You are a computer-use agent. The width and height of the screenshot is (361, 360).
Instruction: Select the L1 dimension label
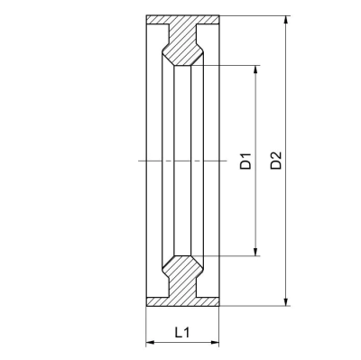pos(182,332)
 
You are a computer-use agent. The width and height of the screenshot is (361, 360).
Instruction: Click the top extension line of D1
pos(230,64)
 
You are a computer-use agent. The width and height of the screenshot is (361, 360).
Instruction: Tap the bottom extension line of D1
pos(230,256)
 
